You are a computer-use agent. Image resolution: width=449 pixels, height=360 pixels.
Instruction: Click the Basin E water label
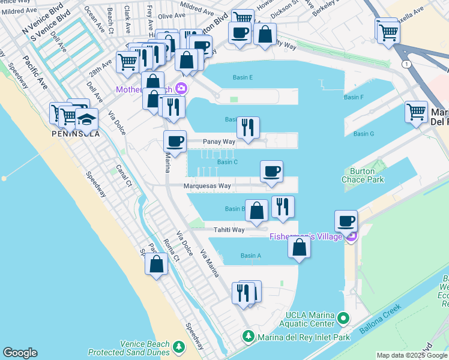(x=243, y=77)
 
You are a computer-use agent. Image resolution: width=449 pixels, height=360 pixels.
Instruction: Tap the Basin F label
(x=354, y=97)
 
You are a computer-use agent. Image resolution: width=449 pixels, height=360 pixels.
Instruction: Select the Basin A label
(x=250, y=256)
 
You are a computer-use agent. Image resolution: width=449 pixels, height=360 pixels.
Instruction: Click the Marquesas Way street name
(x=207, y=186)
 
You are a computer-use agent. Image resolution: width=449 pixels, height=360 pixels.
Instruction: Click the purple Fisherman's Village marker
(x=351, y=236)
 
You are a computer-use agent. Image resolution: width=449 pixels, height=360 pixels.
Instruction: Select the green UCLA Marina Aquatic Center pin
(x=343, y=317)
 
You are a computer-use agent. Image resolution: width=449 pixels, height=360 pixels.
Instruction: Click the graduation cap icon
(x=86, y=118)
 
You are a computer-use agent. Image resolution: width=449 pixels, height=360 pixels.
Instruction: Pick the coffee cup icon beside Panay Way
(x=175, y=141)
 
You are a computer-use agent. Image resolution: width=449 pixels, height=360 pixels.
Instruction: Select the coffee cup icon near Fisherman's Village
(x=346, y=220)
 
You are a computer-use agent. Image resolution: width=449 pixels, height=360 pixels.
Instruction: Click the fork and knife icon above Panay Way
(x=247, y=127)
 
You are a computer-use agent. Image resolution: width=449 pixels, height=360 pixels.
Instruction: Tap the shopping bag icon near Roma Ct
(x=156, y=264)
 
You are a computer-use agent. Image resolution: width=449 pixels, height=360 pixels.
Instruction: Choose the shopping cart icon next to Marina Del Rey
(x=416, y=111)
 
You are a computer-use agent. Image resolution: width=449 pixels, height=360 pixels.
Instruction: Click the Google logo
(x=20, y=353)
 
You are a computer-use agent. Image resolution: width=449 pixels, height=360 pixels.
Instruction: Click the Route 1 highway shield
(x=407, y=64)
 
